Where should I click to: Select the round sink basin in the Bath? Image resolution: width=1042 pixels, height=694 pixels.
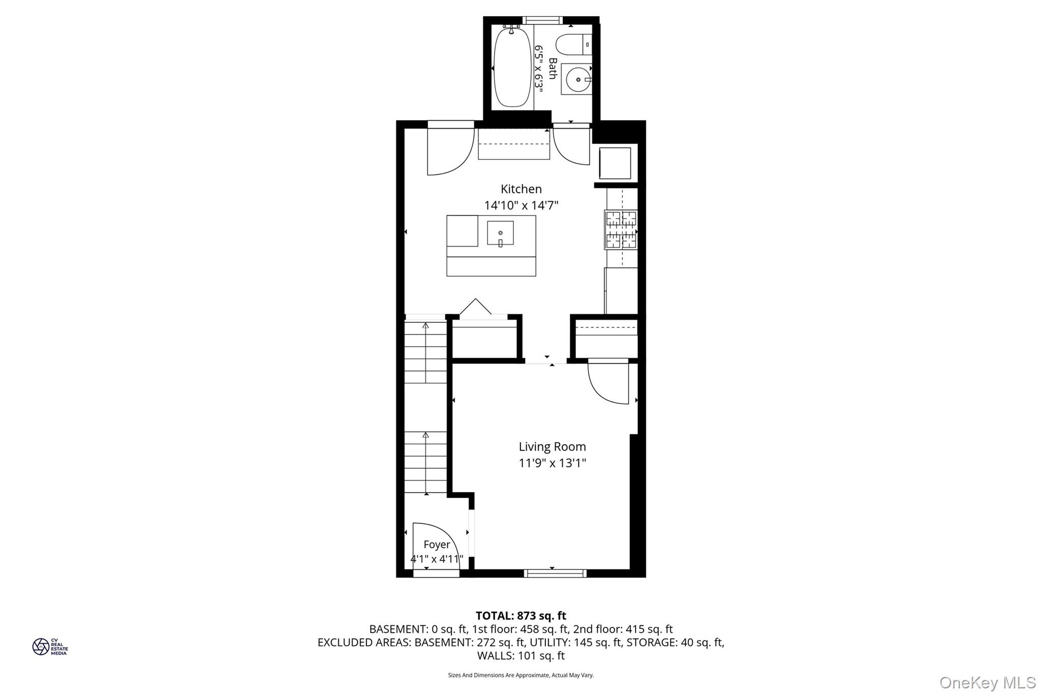point(577,79)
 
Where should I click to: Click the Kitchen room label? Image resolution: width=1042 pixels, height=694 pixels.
point(521,189)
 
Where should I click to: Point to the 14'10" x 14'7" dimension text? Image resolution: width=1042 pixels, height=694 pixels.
point(521,205)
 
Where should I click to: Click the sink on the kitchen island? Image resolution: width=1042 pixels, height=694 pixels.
point(500,233)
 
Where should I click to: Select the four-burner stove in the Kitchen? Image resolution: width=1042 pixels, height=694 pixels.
point(621,230)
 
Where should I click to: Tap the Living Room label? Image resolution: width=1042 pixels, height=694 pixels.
point(552,447)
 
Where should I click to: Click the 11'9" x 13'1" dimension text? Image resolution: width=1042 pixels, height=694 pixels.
point(552,463)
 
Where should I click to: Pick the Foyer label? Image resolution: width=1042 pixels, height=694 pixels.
point(437,545)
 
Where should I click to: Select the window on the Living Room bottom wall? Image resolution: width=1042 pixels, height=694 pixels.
point(555,574)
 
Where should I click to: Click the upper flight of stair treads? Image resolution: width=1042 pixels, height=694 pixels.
point(425,352)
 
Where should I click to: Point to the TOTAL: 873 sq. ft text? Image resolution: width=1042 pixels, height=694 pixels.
point(520,616)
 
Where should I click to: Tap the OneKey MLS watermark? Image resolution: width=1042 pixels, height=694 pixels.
point(987,682)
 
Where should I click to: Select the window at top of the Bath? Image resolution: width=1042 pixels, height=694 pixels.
point(542,20)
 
